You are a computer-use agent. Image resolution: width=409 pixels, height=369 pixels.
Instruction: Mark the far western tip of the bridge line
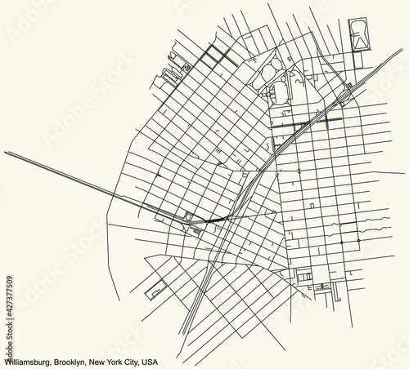(x=4, y=151)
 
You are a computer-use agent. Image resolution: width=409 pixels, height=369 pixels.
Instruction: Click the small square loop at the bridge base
(x=189, y=216)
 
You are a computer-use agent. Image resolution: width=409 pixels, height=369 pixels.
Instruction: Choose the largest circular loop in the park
(x=277, y=90)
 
